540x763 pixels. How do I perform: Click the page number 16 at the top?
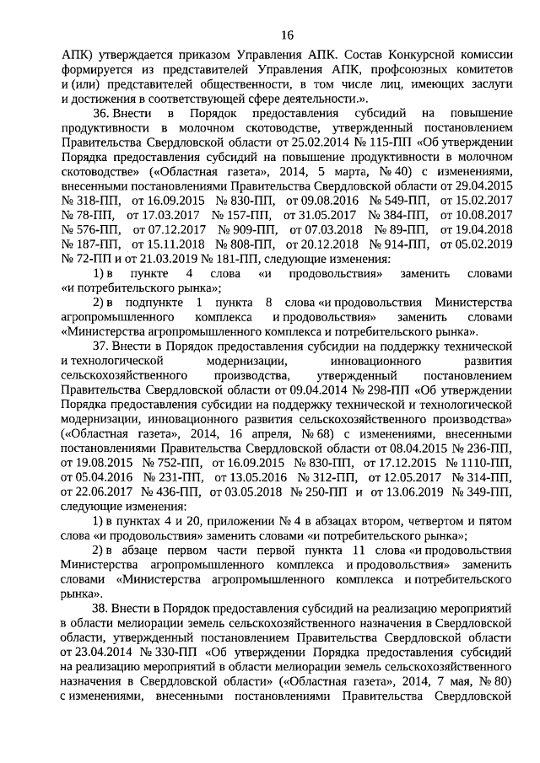286,35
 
